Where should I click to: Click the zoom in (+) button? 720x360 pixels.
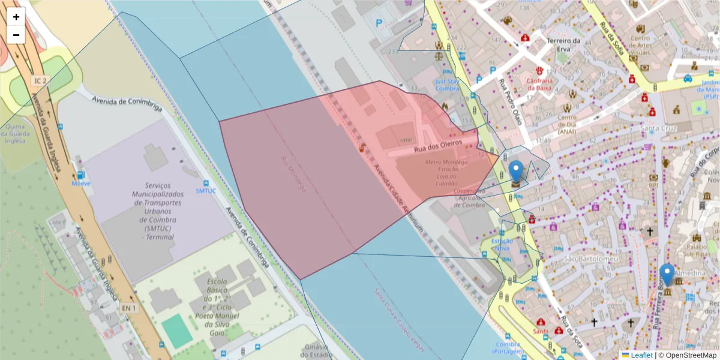16,17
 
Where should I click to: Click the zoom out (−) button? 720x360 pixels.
16,35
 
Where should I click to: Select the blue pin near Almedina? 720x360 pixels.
667,275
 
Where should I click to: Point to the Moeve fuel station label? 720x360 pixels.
81,183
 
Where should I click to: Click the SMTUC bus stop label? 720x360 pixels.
205,191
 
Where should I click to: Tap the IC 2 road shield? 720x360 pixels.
40,80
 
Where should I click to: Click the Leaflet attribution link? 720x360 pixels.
641,355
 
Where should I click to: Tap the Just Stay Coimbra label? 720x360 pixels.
446,84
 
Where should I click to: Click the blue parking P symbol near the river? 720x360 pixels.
379,24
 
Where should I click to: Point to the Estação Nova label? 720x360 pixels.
502,245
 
